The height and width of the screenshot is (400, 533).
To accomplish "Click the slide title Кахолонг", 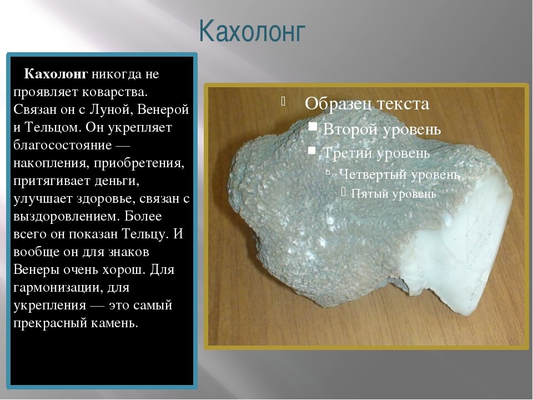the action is click(x=252, y=32).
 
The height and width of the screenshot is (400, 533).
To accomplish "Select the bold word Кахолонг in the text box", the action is click(x=56, y=74).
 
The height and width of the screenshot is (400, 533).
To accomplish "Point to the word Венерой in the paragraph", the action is click(x=163, y=109).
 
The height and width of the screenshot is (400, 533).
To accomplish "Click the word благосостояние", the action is click(x=63, y=145).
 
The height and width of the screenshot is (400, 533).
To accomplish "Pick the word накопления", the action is click(x=51, y=163).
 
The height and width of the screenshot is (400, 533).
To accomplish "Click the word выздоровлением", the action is click(x=65, y=216).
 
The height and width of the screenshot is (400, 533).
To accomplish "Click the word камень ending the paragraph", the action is click(x=114, y=323).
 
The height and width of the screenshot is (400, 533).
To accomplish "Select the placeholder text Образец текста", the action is click(x=367, y=103).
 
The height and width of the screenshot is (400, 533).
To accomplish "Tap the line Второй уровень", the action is click(x=382, y=129).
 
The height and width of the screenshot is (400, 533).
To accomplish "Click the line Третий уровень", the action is click(x=376, y=153).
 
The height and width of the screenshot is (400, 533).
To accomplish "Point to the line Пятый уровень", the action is click(x=393, y=193).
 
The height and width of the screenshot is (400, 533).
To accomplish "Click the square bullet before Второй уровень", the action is click(x=313, y=127).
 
